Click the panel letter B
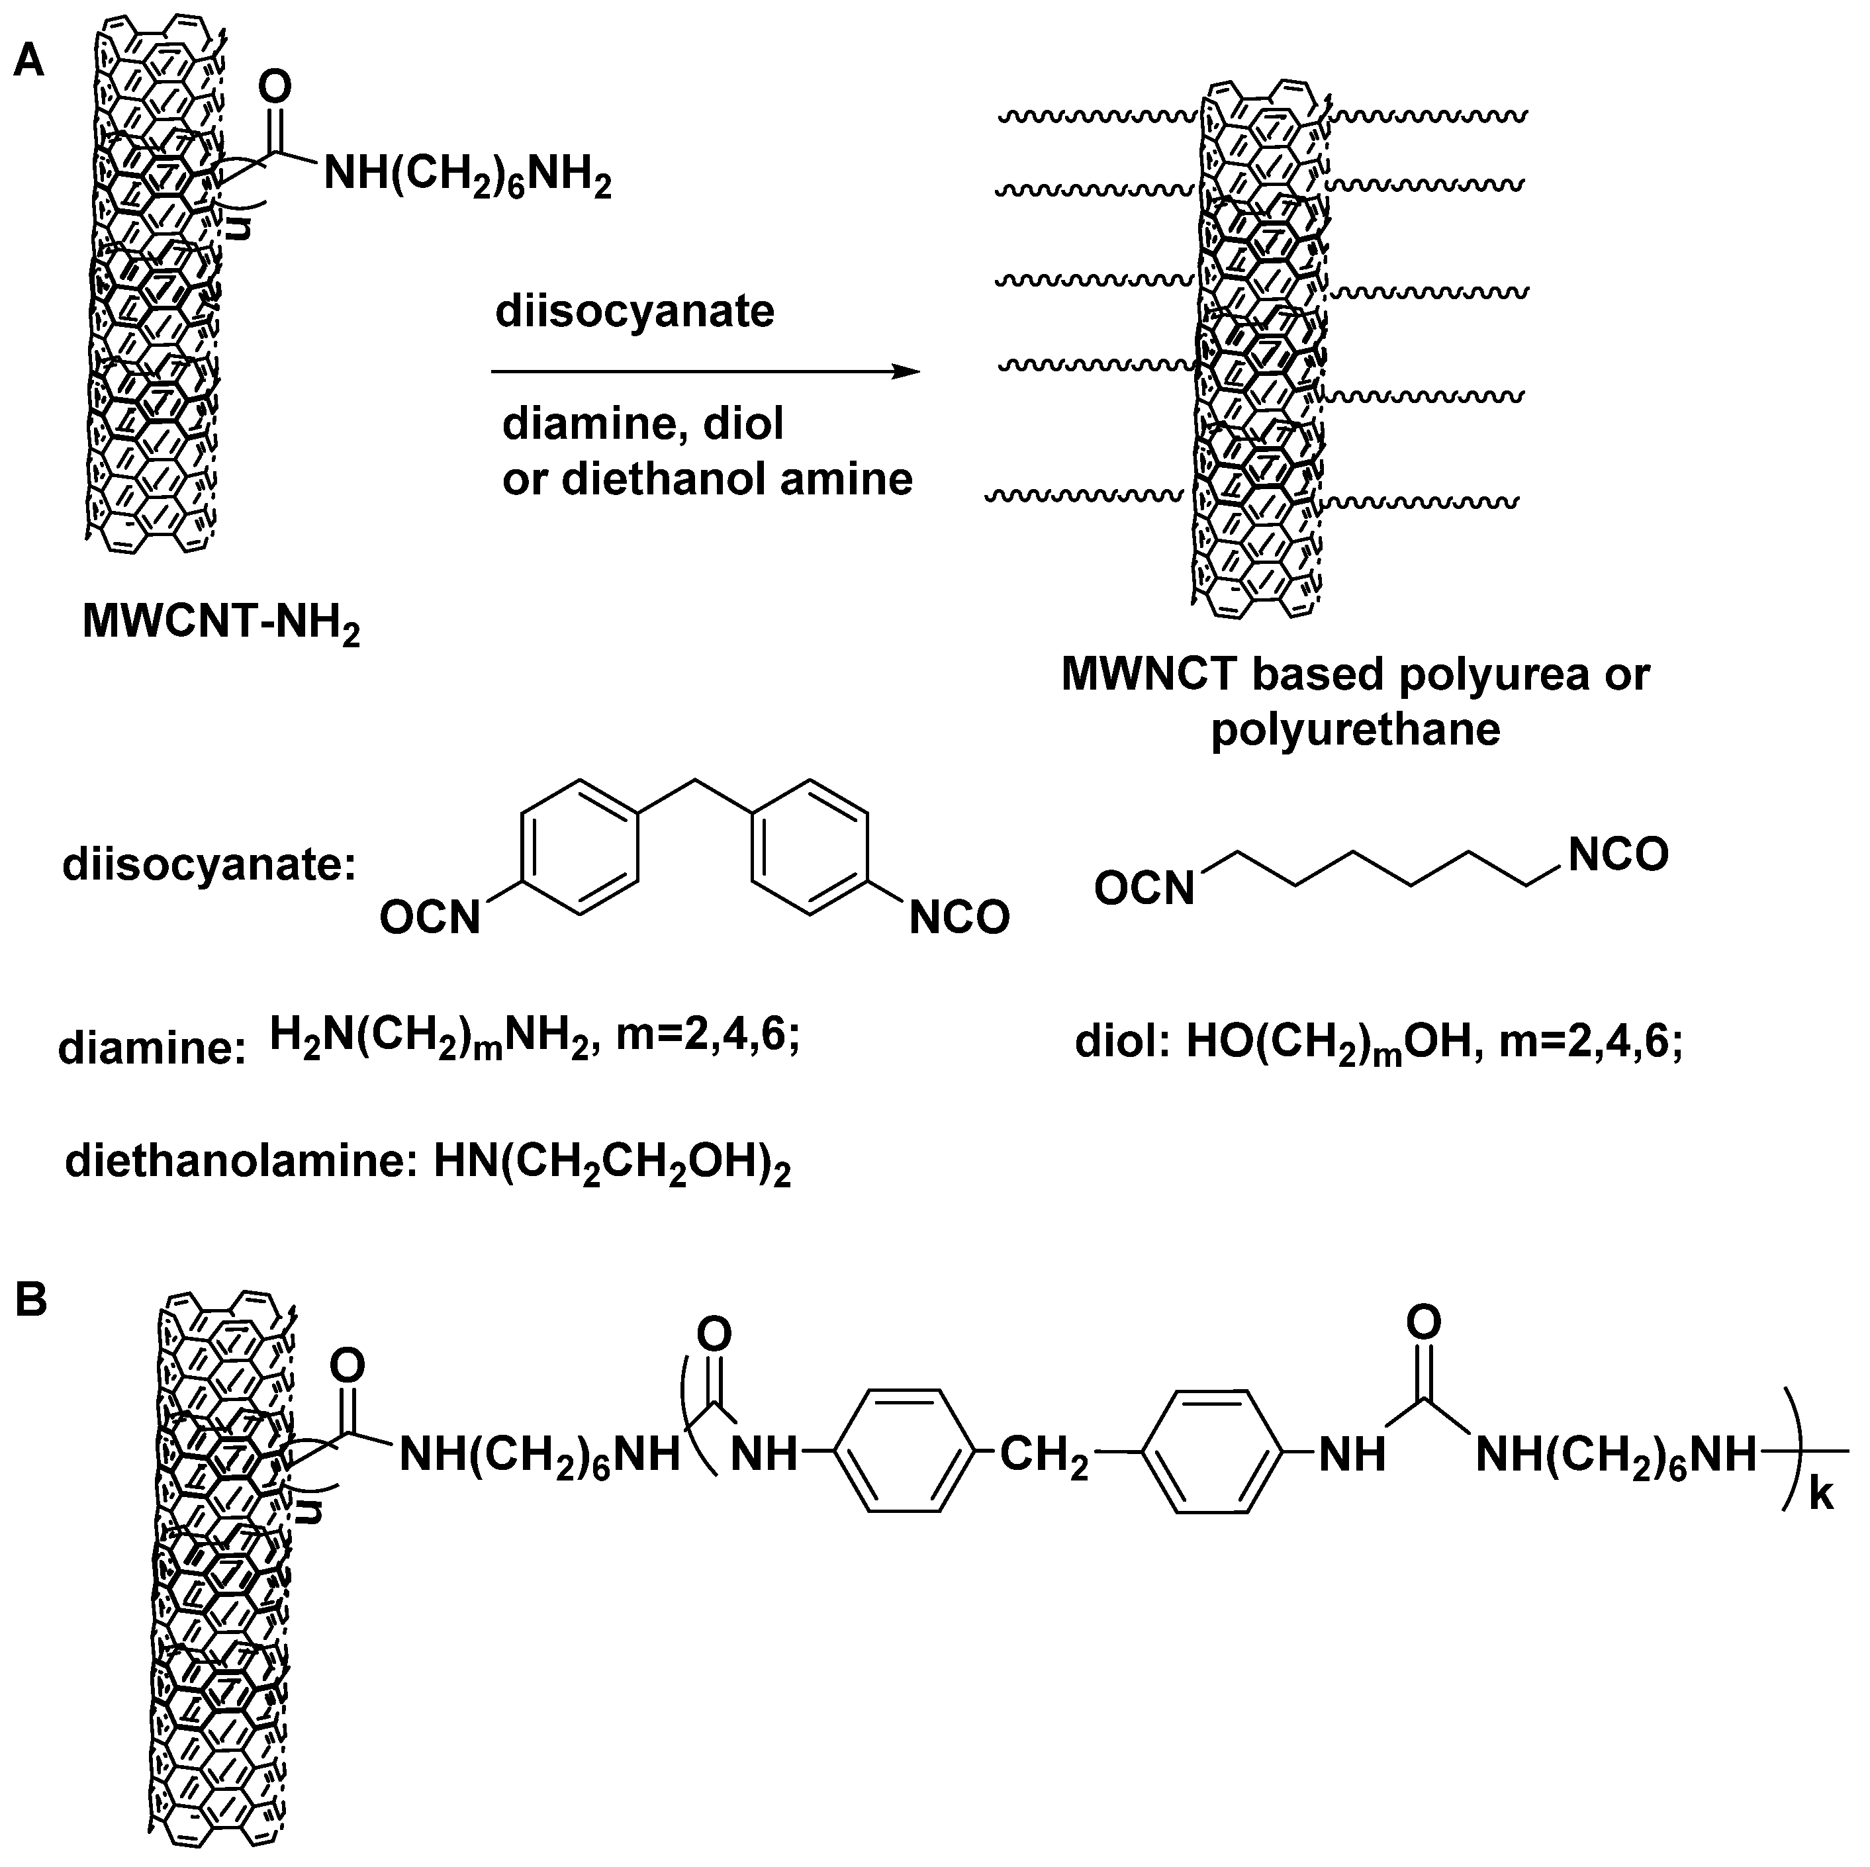click(31, 1300)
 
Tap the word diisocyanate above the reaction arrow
click(635, 312)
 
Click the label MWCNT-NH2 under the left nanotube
click(220, 622)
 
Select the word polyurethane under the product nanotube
click(1355, 729)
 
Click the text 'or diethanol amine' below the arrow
click(706, 479)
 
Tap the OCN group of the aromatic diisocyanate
click(430, 917)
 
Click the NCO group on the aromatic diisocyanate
click(958, 917)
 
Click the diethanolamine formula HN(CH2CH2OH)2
click(612, 1162)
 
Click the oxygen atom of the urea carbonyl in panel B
click(1423, 1322)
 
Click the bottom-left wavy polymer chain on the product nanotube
click(1084, 496)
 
